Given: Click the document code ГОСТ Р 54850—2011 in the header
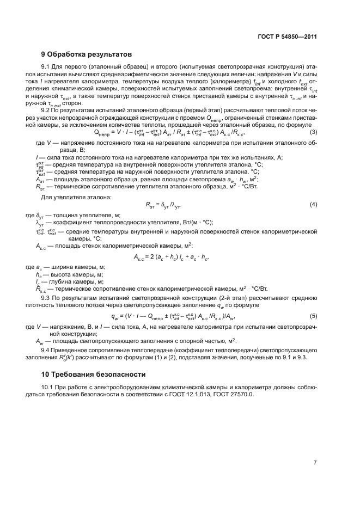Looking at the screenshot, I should [x=286, y=37].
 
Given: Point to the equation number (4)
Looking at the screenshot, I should [x=313, y=204].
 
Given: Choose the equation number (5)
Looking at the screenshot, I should [x=313, y=316].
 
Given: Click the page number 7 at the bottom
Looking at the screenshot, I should [x=315, y=462].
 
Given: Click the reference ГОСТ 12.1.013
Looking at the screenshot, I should [x=194, y=395].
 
